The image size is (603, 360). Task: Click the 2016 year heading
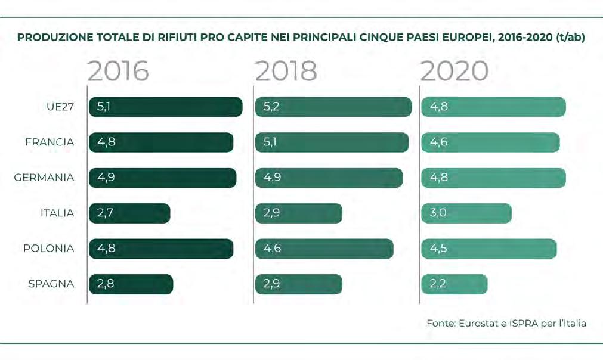pyautogui.click(x=118, y=71)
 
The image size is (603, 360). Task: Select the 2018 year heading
pyautogui.click(x=286, y=71)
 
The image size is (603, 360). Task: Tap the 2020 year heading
pyautogui.click(x=454, y=71)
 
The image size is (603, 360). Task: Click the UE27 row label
pyautogui.click(x=60, y=107)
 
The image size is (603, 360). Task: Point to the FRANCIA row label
pyautogui.click(x=50, y=142)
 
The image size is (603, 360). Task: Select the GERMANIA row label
pyautogui.click(x=44, y=178)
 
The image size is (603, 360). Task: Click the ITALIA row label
pyautogui.click(x=57, y=213)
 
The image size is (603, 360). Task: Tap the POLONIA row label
pyautogui.click(x=48, y=248)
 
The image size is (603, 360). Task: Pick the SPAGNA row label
pyautogui.click(x=51, y=284)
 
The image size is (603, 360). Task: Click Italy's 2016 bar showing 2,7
pyautogui.click(x=129, y=213)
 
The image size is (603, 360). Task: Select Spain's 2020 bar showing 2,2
pyautogui.click(x=454, y=284)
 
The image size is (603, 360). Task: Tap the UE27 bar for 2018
pyautogui.click(x=333, y=107)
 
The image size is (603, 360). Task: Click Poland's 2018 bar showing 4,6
pyautogui.click(x=324, y=249)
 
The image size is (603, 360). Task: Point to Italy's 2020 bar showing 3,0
pyautogui.click(x=466, y=213)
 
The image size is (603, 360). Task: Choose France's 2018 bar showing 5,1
pyautogui.click(x=332, y=142)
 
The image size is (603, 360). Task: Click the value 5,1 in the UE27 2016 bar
pyautogui.click(x=104, y=107)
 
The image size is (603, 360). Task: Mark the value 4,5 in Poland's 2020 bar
pyautogui.click(x=438, y=248)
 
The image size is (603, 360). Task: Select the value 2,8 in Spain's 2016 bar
pyautogui.click(x=106, y=284)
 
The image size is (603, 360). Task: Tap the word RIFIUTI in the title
pyautogui.click(x=174, y=38)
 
